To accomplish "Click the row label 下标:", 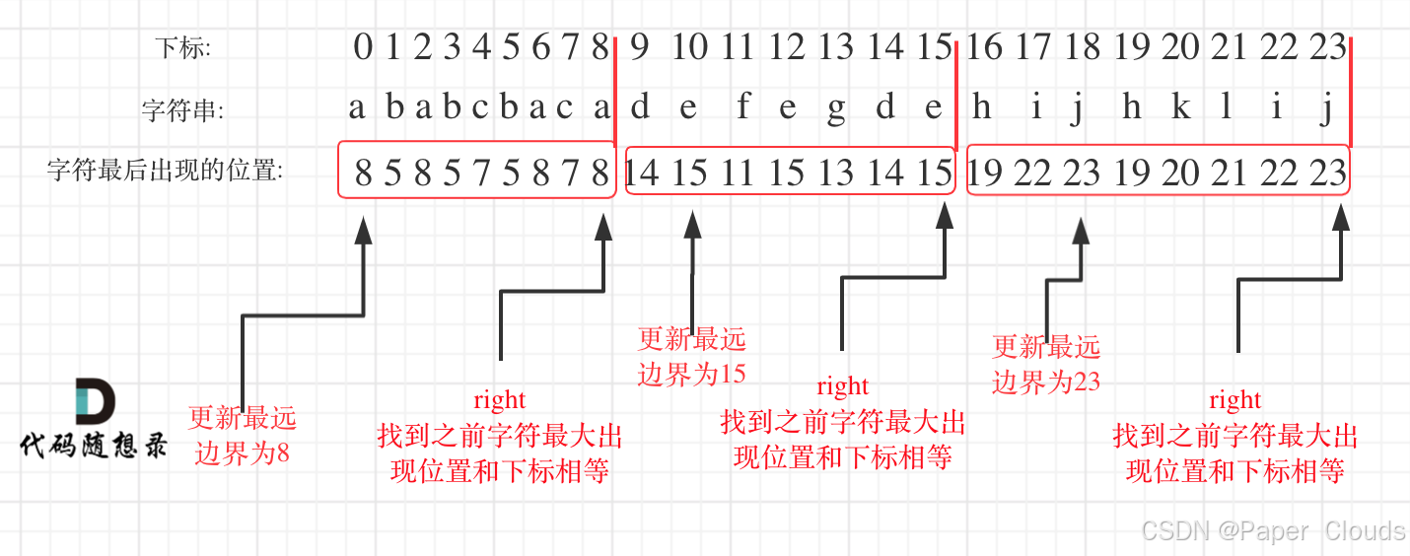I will click(182, 47).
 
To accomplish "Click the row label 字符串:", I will click(182, 110).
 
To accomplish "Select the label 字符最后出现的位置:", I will click(165, 172).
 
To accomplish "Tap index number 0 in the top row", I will click(363, 46).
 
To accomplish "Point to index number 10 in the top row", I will click(690, 46).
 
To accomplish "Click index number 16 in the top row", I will click(984, 46).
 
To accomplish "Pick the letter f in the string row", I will click(742, 107).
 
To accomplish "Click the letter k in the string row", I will click(1180, 107).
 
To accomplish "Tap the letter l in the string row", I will click(1226, 107).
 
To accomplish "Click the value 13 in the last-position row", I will click(836, 174).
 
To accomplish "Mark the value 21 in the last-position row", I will click(1230, 174).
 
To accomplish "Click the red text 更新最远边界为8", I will click(243, 435).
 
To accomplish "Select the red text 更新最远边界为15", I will click(692, 356).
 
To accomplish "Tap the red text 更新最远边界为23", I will click(1046, 363).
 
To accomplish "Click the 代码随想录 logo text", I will click(95, 447).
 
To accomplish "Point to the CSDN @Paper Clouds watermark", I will click(1273, 531).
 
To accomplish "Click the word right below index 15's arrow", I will click(843, 385).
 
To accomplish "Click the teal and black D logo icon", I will click(95, 402).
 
